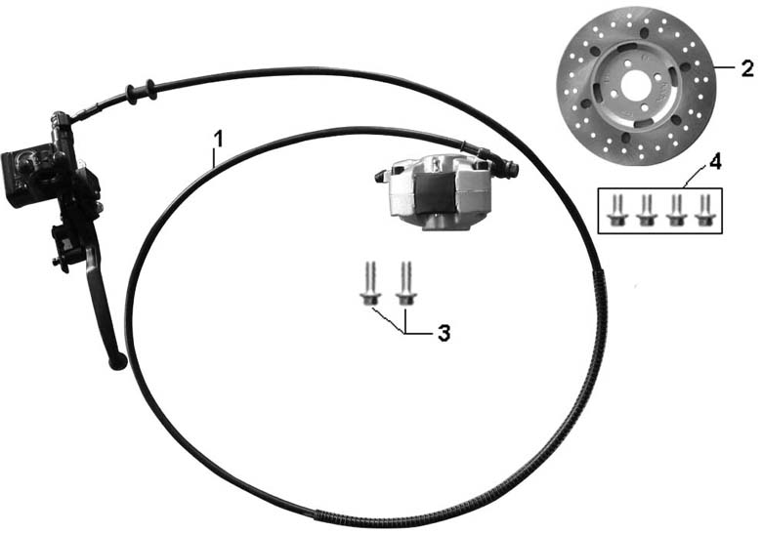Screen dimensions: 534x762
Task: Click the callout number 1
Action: pyautogui.click(x=218, y=138)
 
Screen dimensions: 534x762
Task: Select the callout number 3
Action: pyautogui.click(x=444, y=333)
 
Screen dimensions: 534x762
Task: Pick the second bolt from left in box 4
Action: pyautogui.click(x=646, y=209)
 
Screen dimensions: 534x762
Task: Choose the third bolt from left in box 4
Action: pyautogui.click(x=674, y=209)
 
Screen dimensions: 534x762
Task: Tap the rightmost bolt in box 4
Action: pyautogui.click(x=702, y=209)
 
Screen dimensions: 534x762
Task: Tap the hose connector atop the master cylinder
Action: pyautogui.click(x=64, y=122)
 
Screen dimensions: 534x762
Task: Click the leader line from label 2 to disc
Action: pyautogui.click(x=727, y=68)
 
